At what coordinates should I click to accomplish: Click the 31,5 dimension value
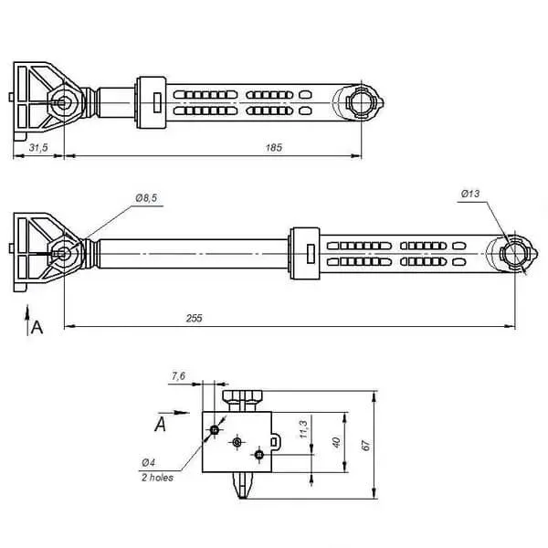[38, 147]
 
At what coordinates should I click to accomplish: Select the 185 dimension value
[274, 147]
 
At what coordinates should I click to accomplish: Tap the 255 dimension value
[194, 318]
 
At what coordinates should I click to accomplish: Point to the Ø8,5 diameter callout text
[146, 198]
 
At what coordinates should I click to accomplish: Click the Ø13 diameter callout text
[470, 194]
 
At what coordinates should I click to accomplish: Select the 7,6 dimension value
[178, 376]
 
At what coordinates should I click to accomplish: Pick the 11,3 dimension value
[303, 429]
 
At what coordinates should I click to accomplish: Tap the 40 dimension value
[336, 442]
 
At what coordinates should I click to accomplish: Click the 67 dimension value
[365, 446]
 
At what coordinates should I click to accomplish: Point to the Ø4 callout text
[148, 463]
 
